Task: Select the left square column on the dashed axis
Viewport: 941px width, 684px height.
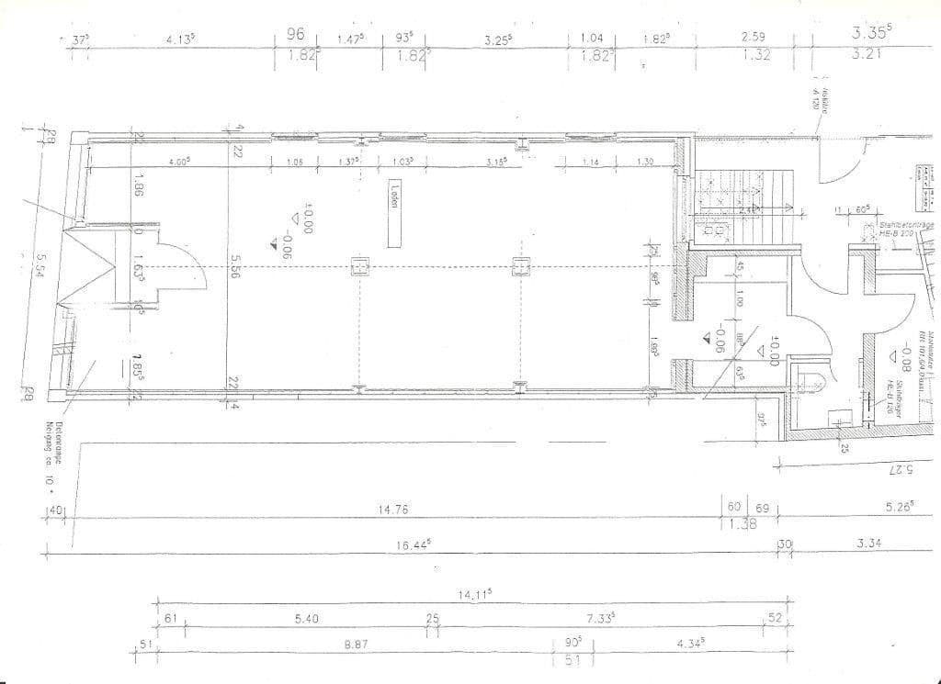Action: [x=360, y=267]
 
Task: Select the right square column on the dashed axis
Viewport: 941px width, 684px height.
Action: [x=521, y=267]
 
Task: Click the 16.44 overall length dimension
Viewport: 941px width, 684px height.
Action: [x=413, y=544]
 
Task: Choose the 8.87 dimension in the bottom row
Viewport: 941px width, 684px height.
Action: [x=357, y=645]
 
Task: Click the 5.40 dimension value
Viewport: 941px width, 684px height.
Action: [x=306, y=619]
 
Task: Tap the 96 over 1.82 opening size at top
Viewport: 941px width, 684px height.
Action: [x=295, y=44]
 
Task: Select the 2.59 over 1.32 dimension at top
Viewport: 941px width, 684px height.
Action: [x=754, y=44]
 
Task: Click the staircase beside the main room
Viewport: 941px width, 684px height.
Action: [x=735, y=203]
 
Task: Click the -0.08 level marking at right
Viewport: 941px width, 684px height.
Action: [x=906, y=353]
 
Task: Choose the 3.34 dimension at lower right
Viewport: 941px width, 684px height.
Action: [x=868, y=544]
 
